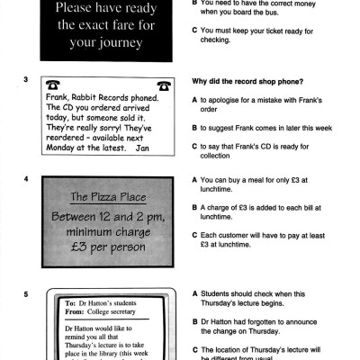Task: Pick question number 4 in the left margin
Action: tap(25, 179)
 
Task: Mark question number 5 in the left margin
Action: tap(25, 294)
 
